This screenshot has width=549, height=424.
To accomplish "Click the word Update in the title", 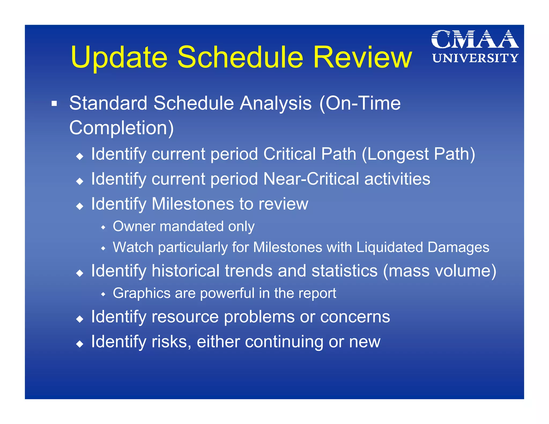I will click(x=119, y=57).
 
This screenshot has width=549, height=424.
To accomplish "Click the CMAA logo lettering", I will click(x=475, y=39).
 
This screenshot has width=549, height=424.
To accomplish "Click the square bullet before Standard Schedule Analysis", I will click(x=54, y=103).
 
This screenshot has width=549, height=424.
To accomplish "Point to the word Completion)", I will click(x=121, y=128).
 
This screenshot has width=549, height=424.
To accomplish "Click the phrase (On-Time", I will click(x=360, y=103).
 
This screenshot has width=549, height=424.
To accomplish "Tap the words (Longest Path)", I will click(x=418, y=154).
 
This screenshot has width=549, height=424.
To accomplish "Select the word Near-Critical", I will click(x=311, y=179).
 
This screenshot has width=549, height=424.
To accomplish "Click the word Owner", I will click(x=134, y=226).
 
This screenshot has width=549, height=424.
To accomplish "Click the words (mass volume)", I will click(x=440, y=271).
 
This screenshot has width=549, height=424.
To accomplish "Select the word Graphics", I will click(x=142, y=293).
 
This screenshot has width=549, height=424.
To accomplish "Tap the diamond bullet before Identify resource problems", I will click(x=80, y=319).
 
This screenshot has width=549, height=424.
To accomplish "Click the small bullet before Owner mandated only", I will click(x=103, y=228).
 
